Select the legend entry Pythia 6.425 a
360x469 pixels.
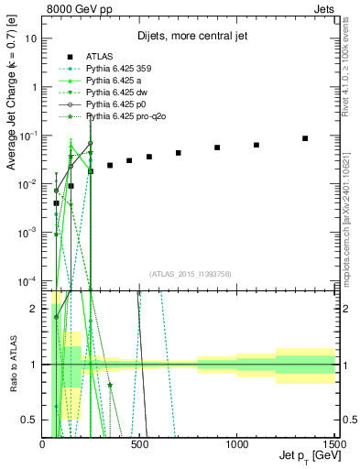tap(112, 92)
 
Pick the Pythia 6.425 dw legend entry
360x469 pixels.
tap(115, 104)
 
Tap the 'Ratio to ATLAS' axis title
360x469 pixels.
tap(11, 364)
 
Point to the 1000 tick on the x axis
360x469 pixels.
tap(236, 442)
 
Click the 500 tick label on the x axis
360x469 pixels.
tap(139, 442)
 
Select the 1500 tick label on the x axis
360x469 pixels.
tap(332, 442)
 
